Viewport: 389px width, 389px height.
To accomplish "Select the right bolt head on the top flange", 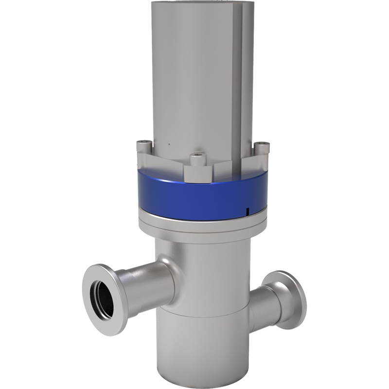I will point(262,144).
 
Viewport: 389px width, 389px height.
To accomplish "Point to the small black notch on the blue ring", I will point(247,211).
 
